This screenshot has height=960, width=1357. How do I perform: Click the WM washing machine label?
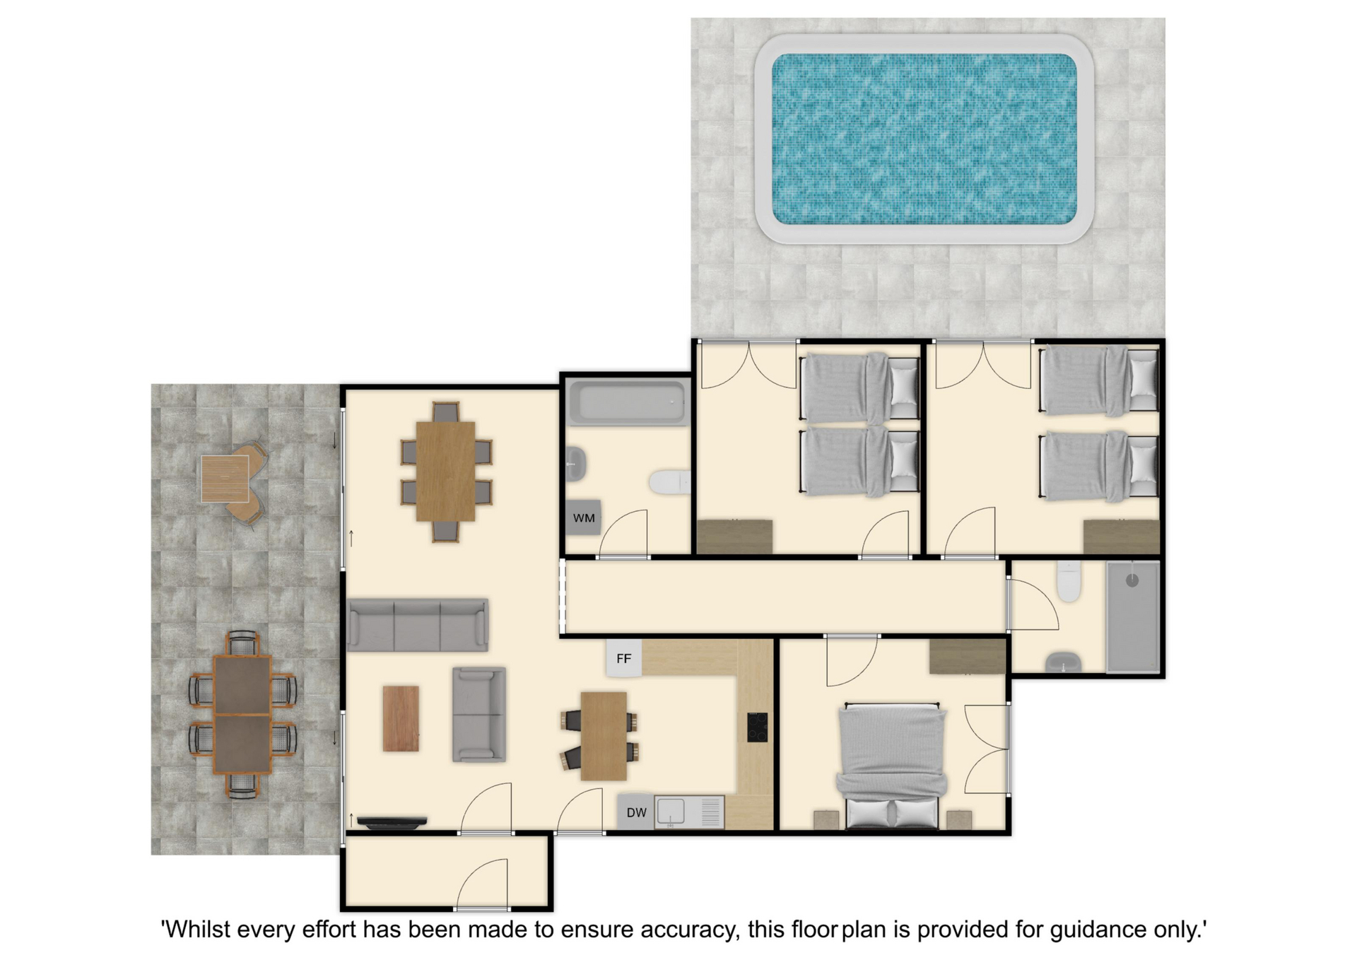pos(584,518)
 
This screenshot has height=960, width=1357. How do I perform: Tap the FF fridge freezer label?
pos(623,659)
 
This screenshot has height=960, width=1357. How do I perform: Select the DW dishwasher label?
pos(636,813)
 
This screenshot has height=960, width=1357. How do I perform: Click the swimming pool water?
pos(924,139)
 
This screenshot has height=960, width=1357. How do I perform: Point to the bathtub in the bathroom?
pos(628,403)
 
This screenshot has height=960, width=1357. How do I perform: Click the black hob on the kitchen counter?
pos(757,727)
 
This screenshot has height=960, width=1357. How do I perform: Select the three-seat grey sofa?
pos(418,625)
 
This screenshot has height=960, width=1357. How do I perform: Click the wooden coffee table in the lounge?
pos(401,718)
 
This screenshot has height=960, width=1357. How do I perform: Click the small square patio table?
pos(225,479)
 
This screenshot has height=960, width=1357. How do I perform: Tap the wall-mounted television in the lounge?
pos(392,821)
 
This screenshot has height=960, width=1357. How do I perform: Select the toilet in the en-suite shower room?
pos(1069,581)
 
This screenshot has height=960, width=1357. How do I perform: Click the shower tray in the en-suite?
pos(1132,616)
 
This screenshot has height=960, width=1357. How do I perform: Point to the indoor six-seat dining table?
pos(445,472)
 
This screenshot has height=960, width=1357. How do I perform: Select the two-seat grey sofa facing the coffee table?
pos(479,715)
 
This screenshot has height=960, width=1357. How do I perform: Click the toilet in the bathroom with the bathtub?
pos(669,483)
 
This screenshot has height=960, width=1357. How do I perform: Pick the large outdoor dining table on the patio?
pos(242,715)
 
